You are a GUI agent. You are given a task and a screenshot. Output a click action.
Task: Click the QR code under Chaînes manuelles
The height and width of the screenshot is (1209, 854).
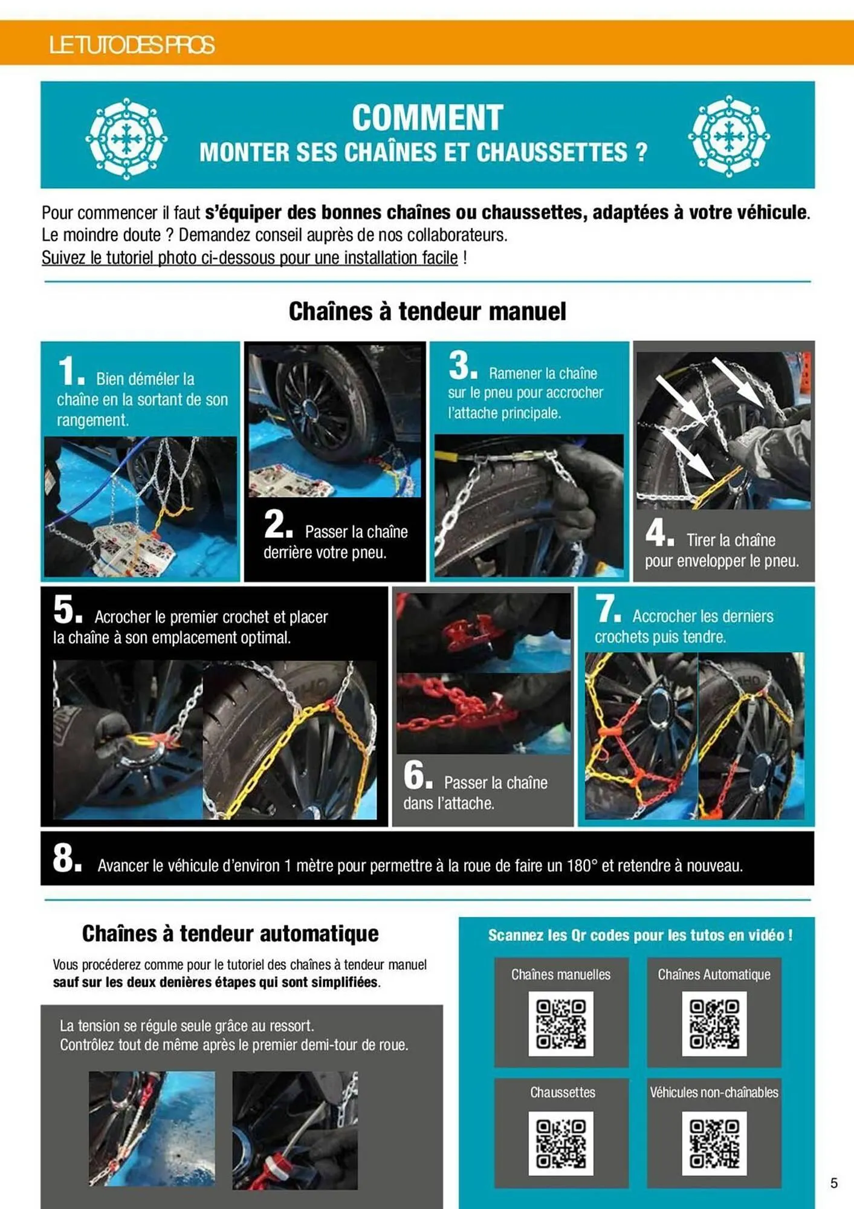(x=560, y=1023)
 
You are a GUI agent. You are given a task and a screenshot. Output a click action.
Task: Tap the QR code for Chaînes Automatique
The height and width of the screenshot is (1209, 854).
(x=714, y=1023)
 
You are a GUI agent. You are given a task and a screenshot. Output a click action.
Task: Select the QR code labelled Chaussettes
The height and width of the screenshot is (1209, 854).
(x=560, y=1143)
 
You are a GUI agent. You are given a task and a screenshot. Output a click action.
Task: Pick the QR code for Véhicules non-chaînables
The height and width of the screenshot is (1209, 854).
(x=714, y=1143)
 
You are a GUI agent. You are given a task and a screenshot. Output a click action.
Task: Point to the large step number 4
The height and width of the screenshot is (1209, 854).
(x=656, y=532)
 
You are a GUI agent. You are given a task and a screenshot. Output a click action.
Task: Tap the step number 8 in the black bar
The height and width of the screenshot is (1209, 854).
(x=64, y=858)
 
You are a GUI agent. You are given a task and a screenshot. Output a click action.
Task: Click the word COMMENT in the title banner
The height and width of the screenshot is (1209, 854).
(x=427, y=117)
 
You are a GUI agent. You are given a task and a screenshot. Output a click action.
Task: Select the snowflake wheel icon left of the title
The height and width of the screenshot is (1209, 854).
(x=126, y=138)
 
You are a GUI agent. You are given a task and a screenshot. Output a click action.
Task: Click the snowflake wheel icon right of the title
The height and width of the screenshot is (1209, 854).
(x=729, y=136)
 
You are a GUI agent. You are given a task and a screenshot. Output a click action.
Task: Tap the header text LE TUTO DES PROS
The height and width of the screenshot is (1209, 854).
(x=131, y=45)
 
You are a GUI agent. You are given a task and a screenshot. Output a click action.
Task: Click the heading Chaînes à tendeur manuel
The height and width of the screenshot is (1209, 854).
(x=427, y=311)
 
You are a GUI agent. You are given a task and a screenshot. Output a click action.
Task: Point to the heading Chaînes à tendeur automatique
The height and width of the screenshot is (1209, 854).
(x=230, y=933)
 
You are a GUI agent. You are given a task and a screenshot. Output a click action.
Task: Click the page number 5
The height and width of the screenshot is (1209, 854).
(x=834, y=1183)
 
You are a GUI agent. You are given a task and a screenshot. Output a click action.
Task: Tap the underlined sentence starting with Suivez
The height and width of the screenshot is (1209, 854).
(x=250, y=258)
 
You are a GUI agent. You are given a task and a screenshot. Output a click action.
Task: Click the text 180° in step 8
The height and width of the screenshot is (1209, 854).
(x=582, y=866)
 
